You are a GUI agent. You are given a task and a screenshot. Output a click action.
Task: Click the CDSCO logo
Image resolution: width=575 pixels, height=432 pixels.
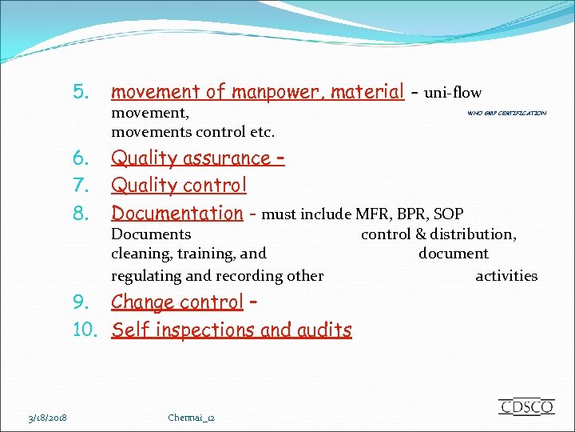525,406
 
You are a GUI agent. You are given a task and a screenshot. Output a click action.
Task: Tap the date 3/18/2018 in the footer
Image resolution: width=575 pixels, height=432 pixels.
47,418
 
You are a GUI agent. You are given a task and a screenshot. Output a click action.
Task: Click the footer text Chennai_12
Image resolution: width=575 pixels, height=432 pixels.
192,418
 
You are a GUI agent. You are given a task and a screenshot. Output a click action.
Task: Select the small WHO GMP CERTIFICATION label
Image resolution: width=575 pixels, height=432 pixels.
506,114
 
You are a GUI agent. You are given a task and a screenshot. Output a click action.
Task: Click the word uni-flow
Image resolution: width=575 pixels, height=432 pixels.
453,93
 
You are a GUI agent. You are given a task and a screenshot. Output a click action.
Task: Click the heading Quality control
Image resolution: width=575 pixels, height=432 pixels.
179,186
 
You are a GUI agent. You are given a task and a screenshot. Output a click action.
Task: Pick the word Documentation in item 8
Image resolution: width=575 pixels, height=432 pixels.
176,213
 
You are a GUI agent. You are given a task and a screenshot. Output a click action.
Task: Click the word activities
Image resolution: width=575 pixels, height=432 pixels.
506,276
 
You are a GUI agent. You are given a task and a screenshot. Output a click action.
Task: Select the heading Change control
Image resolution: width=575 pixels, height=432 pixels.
176,302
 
